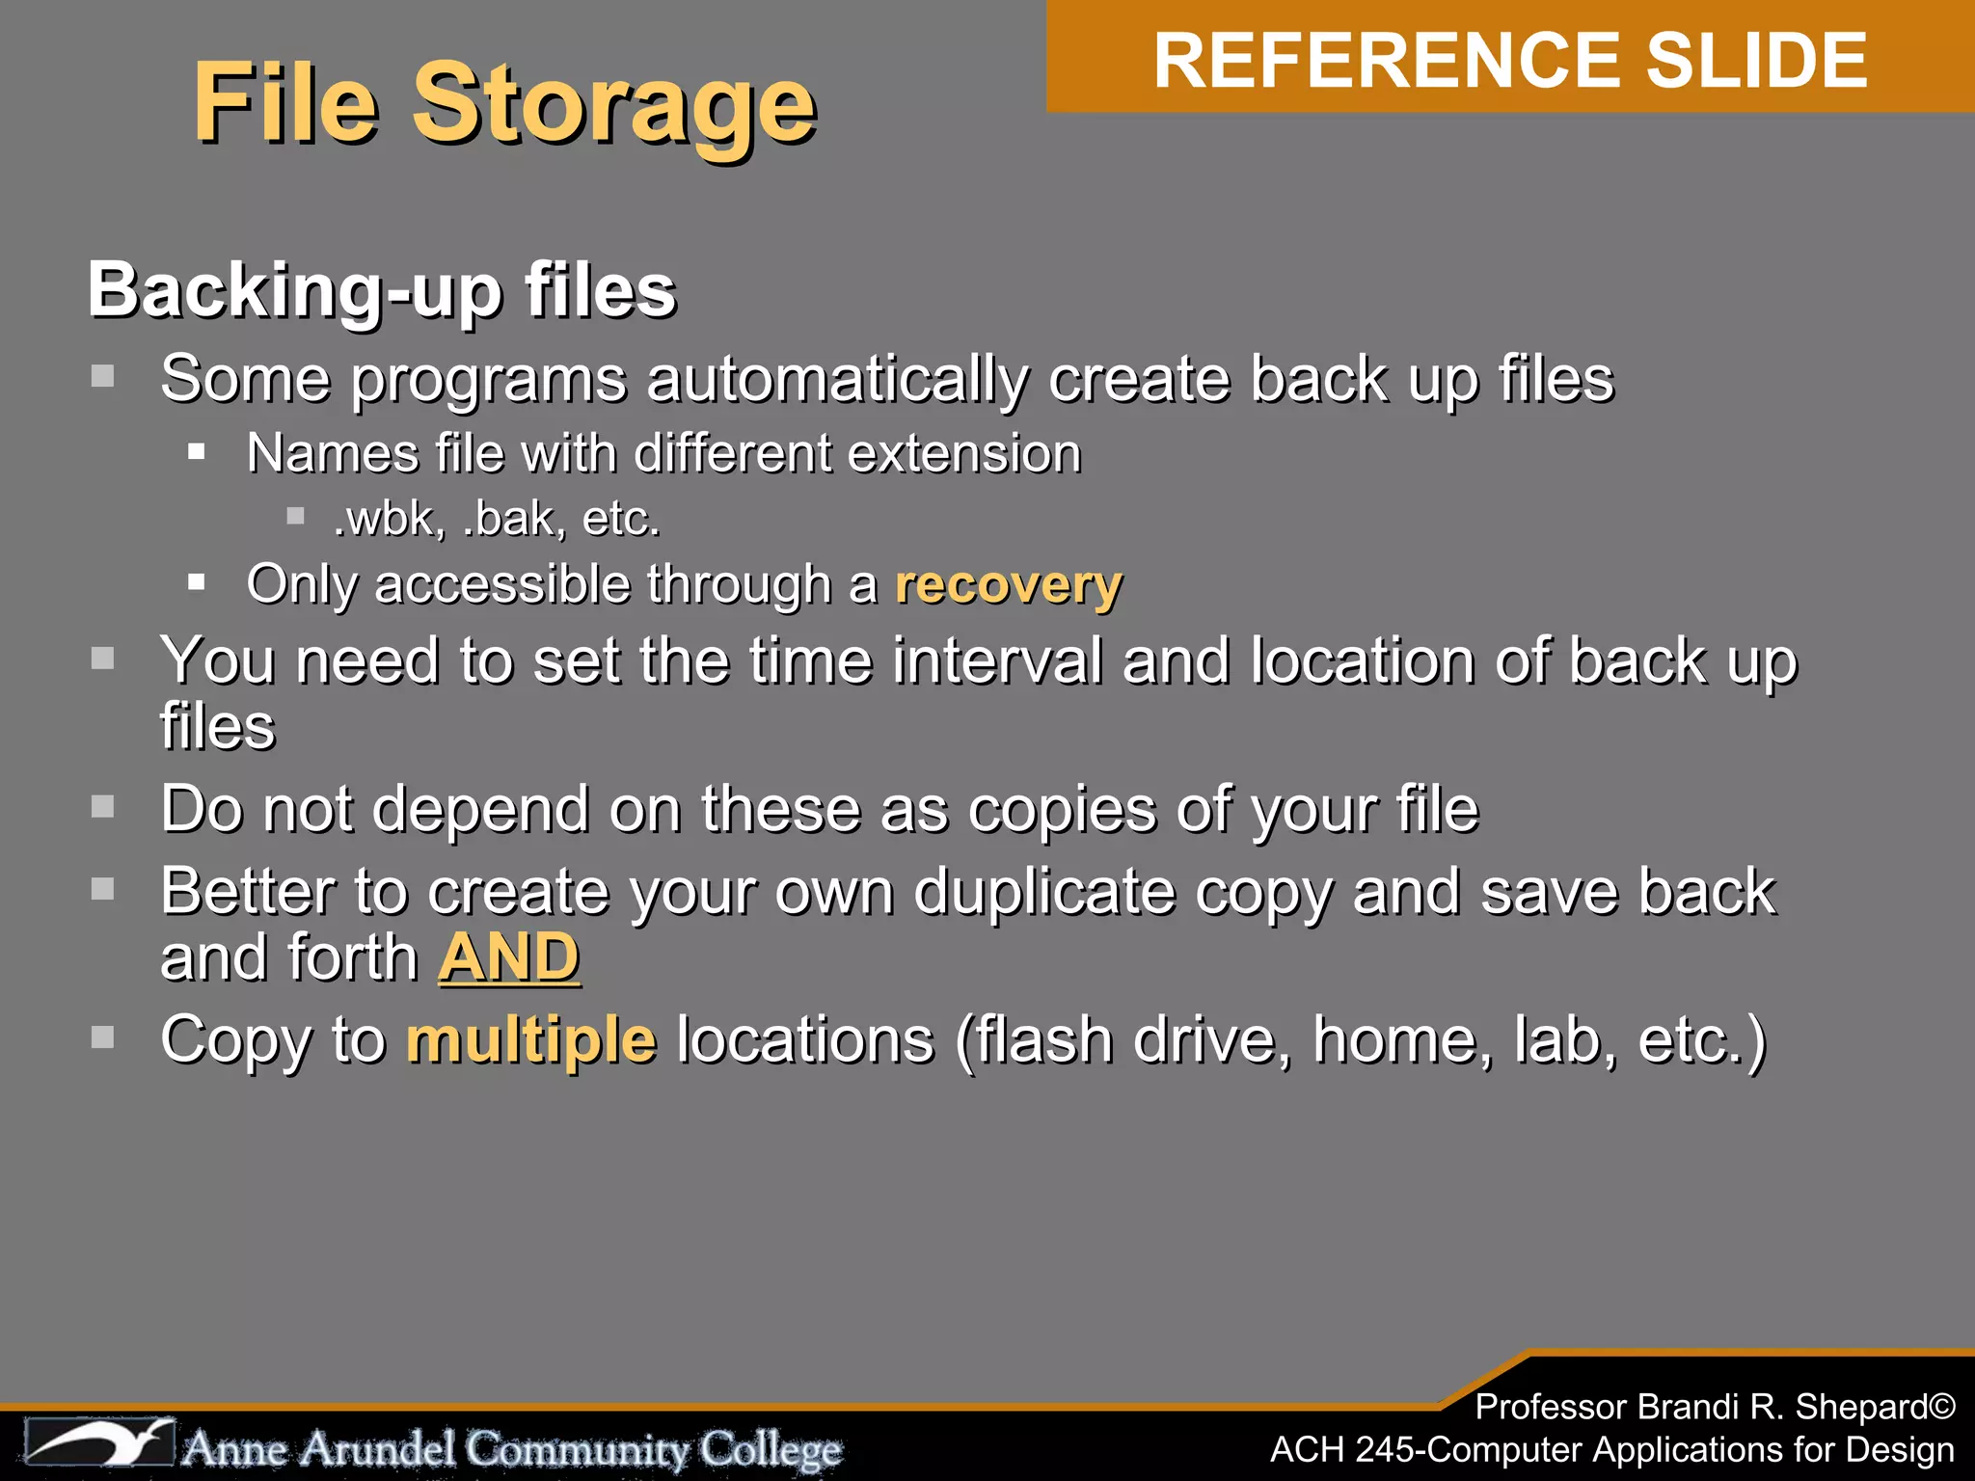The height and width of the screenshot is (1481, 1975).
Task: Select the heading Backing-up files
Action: click(382, 289)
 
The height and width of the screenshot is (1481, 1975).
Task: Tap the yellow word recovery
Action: click(1009, 584)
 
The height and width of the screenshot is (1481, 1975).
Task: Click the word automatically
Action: click(838, 378)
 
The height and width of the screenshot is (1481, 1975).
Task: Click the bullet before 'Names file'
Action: click(197, 451)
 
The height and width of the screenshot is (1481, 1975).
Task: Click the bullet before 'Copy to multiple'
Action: click(102, 1037)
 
